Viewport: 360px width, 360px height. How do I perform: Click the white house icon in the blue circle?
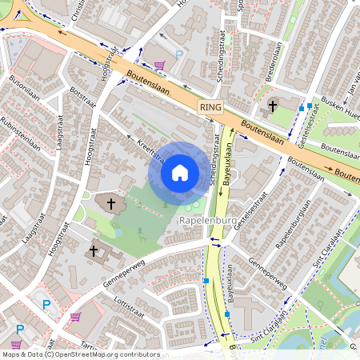point(180,172)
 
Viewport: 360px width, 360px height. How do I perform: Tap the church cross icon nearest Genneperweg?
point(93,252)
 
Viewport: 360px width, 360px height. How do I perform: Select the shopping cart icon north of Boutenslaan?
point(160,66)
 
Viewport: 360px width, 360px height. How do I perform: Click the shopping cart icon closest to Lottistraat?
point(74,317)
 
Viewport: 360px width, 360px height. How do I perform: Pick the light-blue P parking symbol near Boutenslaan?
point(179,54)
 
